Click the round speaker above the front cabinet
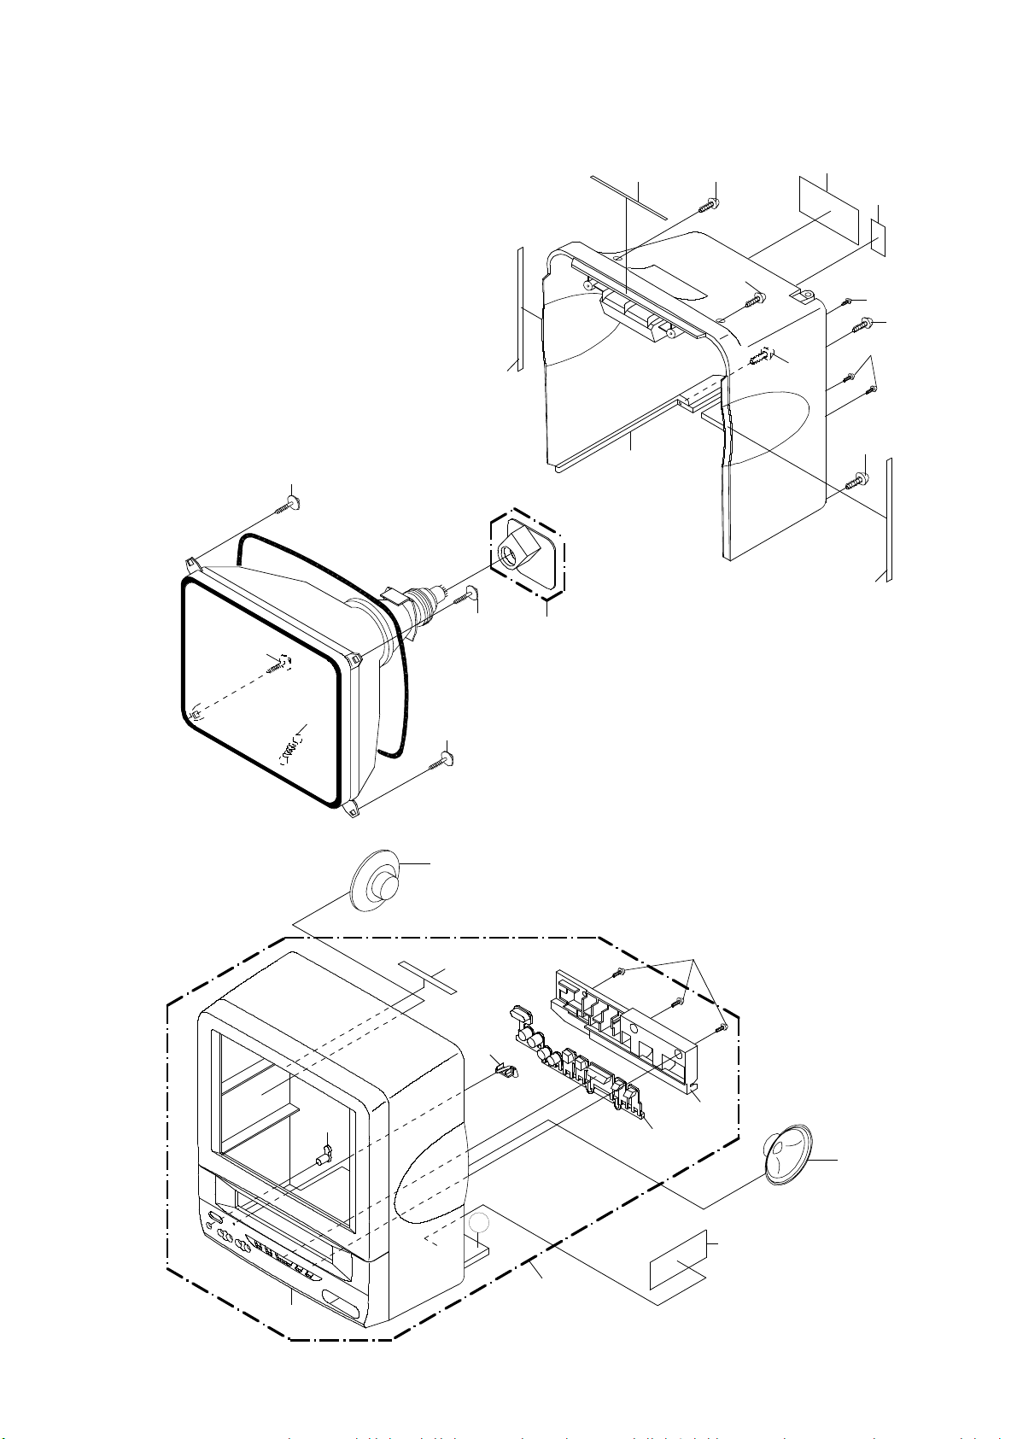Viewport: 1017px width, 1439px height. pyautogui.click(x=378, y=882)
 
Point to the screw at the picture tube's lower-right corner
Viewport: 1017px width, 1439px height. pyautogui.click(x=444, y=758)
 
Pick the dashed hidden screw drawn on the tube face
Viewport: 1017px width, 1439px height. pyautogui.click(x=279, y=663)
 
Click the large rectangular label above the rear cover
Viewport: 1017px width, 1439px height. pyautogui.click(x=828, y=209)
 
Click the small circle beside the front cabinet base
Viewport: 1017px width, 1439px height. pyautogui.click(x=481, y=1222)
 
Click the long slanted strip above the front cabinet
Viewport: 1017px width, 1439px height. pyautogui.click(x=429, y=975)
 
